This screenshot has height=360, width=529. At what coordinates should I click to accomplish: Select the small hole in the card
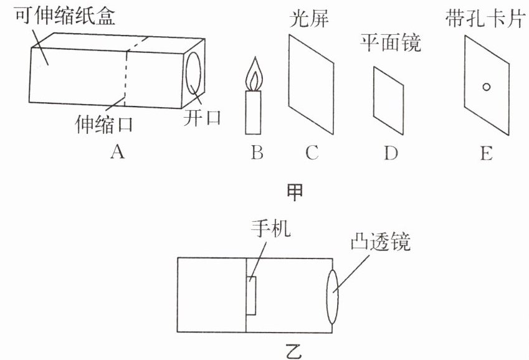(487, 87)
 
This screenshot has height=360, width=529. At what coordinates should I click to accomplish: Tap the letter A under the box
(115, 151)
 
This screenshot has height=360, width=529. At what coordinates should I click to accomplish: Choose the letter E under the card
(486, 152)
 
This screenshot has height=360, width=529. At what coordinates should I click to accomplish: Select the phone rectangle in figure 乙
(252, 296)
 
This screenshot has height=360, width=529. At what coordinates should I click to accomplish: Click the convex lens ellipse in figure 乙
(332, 296)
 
